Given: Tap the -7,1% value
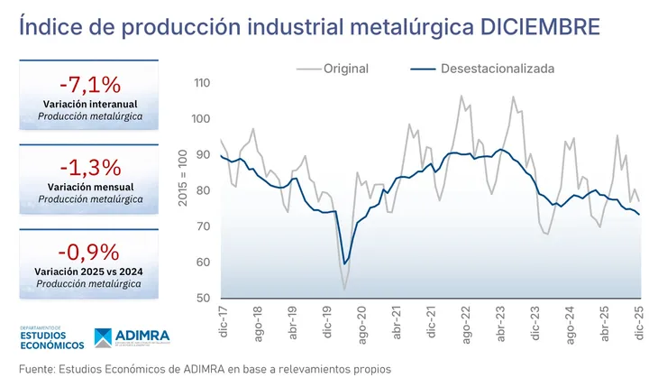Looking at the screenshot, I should click(89, 85).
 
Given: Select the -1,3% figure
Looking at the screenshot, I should click(89, 167).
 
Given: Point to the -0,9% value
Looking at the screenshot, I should click(89, 251).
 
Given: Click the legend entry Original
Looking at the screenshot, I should click(345, 68).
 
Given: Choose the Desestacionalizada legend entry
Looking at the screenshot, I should click(497, 68).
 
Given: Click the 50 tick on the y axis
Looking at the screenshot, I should click(203, 299).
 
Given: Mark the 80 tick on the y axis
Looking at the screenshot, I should click(203, 191).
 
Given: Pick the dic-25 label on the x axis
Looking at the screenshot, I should click(641, 322).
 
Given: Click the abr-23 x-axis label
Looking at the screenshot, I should click(501, 322).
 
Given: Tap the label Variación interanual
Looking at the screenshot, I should click(89, 105).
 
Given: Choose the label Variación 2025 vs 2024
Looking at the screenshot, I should click(89, 271).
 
